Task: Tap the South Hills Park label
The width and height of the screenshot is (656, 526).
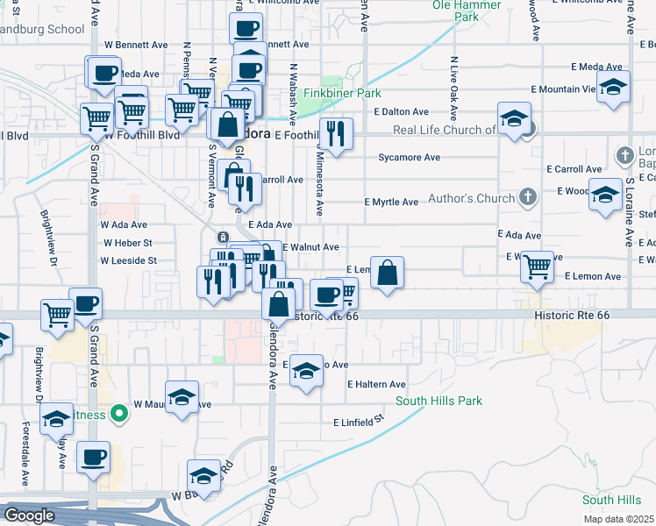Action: (x=439, y=402)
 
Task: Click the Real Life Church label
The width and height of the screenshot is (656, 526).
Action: (x=445, y=130)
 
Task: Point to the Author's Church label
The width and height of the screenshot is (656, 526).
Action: (x=472, y=198)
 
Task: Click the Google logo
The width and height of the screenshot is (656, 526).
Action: (x=29, y=515)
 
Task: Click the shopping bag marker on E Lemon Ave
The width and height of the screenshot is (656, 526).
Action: (x=387, y=274)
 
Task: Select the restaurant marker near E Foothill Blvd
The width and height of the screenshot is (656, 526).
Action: (x=335, y=134)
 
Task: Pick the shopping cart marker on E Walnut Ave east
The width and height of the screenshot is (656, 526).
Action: (x=537, y=266)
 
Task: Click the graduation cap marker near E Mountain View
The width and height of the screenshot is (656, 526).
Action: (x=614, y=88)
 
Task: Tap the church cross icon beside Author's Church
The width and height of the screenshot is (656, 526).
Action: (x=527, y=195)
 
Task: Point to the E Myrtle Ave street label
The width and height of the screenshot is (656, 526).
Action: (x=391, y=203)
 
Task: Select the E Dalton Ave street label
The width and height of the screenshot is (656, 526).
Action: (x=401, y=112)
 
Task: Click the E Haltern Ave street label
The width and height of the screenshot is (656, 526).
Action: (x=376, y=385)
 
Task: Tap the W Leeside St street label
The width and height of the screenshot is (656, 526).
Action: (x=128, y=260)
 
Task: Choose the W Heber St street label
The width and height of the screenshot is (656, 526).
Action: (x=128, y=243)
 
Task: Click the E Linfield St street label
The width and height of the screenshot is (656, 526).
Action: (x=359, y=422)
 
